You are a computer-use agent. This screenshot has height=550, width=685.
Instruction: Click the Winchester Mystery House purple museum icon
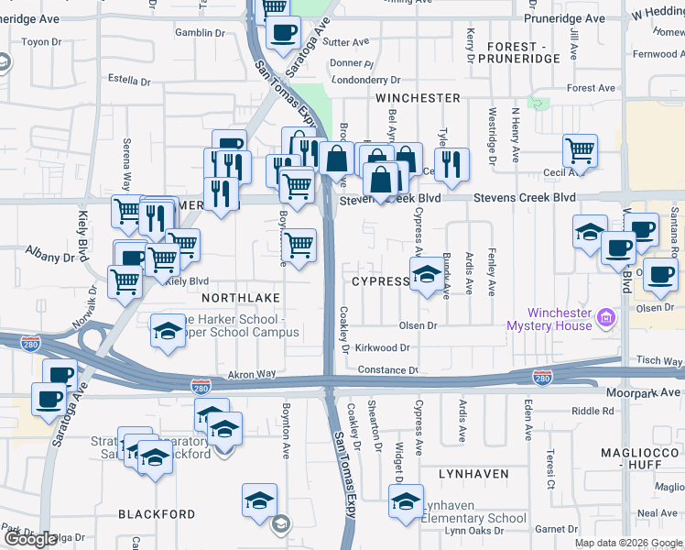click(605, 320)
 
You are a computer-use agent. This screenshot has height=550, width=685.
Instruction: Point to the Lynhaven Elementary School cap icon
click(406, 500)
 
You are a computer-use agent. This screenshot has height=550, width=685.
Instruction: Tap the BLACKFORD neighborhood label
click(157, 514)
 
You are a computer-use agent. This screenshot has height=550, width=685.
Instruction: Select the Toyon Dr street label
click(40, 42)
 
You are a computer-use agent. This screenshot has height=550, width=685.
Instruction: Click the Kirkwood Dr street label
click(382, 348)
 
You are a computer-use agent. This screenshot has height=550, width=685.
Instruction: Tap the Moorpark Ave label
click(644, 392)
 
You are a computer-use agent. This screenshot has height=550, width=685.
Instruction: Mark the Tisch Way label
click(659, 361)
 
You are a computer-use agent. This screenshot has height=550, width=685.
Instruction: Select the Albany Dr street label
click(49, 258)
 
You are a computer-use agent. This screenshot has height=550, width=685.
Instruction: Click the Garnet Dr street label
click(556, 529)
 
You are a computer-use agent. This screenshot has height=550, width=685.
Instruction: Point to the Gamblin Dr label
click(200, 33)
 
